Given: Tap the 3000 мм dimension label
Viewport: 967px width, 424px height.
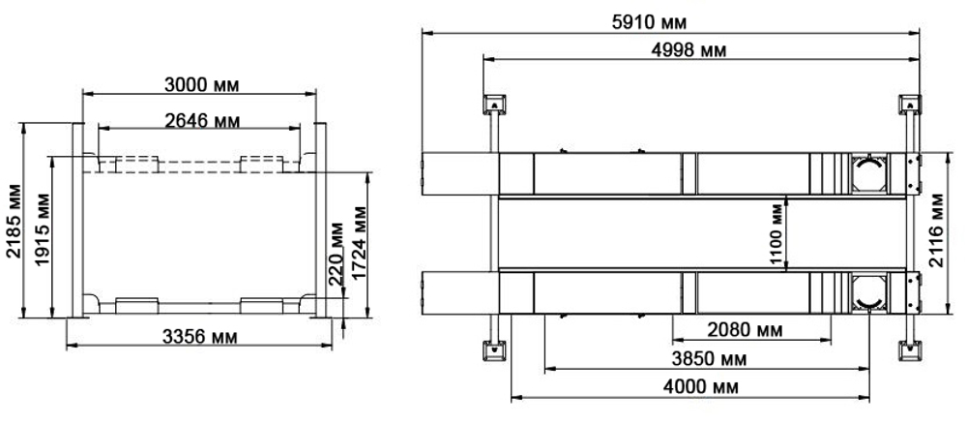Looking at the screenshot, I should (200, 84).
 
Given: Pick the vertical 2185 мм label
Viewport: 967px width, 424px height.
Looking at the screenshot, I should (12, 225).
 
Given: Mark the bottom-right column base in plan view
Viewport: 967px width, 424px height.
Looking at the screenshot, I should (909, 349).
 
